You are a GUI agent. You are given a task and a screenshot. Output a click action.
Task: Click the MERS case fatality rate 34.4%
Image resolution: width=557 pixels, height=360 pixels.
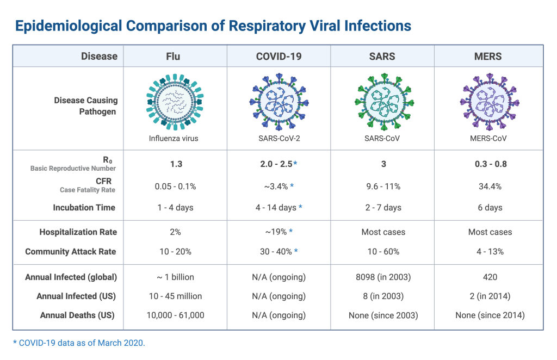[x=489, y=187]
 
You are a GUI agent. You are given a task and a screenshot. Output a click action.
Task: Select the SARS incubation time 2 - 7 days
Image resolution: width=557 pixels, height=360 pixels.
[x=383, y=207]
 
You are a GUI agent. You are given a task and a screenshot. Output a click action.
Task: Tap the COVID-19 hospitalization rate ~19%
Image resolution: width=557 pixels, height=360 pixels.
[x=278, y=232]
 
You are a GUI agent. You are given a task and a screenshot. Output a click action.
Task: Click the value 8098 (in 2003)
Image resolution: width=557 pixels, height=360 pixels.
[x=383, y=277]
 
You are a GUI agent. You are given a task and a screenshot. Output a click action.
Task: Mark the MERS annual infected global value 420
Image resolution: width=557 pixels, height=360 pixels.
[x=490, y=277]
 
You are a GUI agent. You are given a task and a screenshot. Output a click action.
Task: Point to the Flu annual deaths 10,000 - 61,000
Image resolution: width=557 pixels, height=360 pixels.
[x=175, y=315]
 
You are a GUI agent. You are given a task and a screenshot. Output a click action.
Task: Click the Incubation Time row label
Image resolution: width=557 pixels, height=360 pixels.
[x=84, y=207]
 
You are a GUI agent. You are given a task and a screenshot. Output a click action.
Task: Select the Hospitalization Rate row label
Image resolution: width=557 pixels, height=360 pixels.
[x=78, y=232]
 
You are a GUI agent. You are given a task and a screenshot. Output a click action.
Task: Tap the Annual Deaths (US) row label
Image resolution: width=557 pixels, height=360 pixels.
[x=78, y=315]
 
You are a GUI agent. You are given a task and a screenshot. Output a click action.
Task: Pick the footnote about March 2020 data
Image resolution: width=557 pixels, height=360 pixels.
[x=79, y=343]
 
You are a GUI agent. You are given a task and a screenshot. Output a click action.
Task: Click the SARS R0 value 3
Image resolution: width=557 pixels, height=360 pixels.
[x=383, y=164]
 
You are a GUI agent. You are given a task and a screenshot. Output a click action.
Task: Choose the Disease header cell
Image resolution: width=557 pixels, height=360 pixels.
[x=99, y=56]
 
